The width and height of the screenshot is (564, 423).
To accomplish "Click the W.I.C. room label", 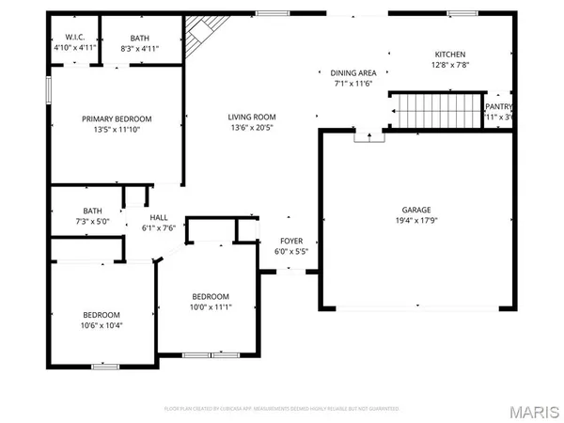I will pyautogui.click(x=63, y=38).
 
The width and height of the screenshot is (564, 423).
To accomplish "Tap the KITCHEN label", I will pyautogui.click(x=449, y=55).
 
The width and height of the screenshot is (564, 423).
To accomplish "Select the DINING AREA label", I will pyautogui.click(x=352, y=73).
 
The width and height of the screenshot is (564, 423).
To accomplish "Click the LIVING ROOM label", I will pyautogui.click(x=251, y=117).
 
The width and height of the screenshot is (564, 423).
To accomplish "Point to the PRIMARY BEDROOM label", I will pyautogui.click(x=117, y=119).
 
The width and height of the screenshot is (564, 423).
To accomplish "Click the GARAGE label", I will pyautogui.click(x=416, y=211).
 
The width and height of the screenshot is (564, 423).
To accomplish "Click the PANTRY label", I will pyautogui.click(x=498, y=107).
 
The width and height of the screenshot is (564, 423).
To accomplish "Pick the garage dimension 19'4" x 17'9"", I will pyautogui.click(x=416, y=222).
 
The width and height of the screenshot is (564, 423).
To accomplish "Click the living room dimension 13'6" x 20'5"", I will pyautogui.click(x=251, y=129).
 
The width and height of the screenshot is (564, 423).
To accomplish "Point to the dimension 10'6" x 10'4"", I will pyautogui.click(x=101, y=325).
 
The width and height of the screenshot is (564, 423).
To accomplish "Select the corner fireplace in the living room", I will pyautogui.click(x=196, y=36).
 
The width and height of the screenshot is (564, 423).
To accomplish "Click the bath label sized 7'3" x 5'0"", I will pyautogui.click(x=92, y=211).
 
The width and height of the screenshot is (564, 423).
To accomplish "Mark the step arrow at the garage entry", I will pyautogui.click(x=368, y=136).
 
